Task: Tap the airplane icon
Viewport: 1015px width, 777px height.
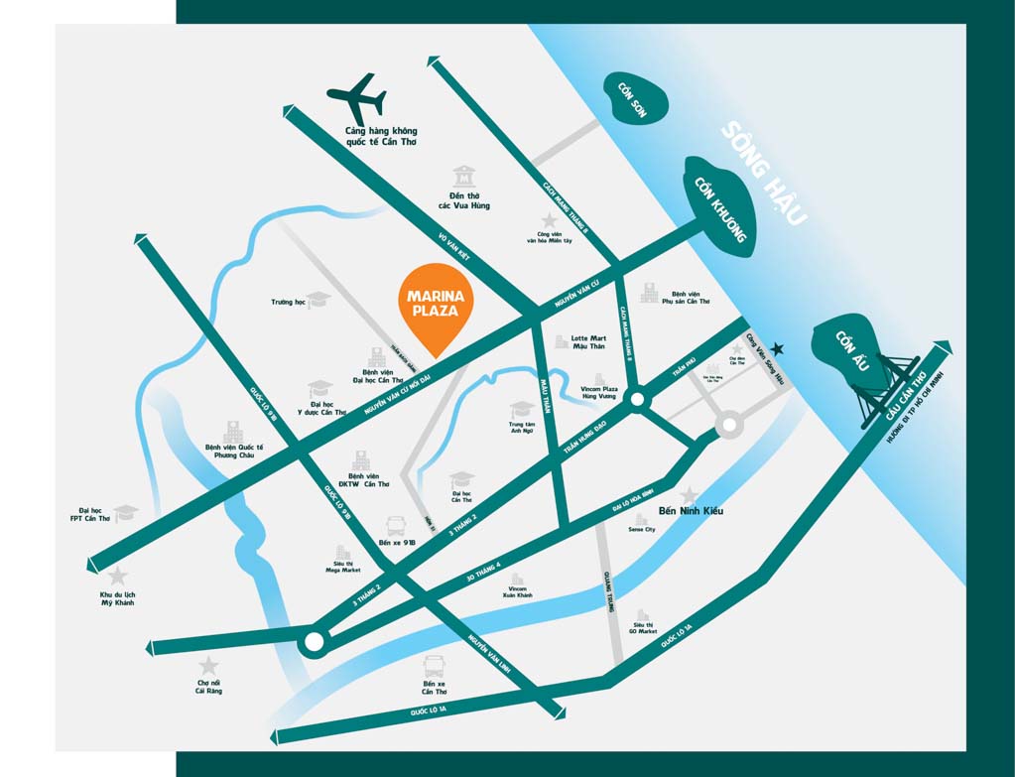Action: (357, 97)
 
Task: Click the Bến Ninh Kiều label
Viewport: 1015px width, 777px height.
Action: (691, 511)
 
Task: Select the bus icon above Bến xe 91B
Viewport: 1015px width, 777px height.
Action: (394, 525)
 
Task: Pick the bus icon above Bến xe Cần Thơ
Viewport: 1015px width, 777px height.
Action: (434, 666)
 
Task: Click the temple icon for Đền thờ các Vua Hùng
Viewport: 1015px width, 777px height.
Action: (463, 178)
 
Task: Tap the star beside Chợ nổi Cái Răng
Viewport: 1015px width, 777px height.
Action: (208, 666)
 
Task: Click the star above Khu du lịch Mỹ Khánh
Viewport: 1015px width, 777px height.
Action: (117, 576)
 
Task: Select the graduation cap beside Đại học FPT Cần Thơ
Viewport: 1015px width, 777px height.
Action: (125, 512)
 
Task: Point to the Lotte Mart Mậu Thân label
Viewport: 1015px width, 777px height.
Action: (588, 342)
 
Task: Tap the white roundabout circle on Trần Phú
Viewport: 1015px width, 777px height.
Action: (637, 399)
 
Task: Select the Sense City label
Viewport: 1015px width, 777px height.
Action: (642, 530)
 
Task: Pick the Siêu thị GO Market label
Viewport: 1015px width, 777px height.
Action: (642, 627)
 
